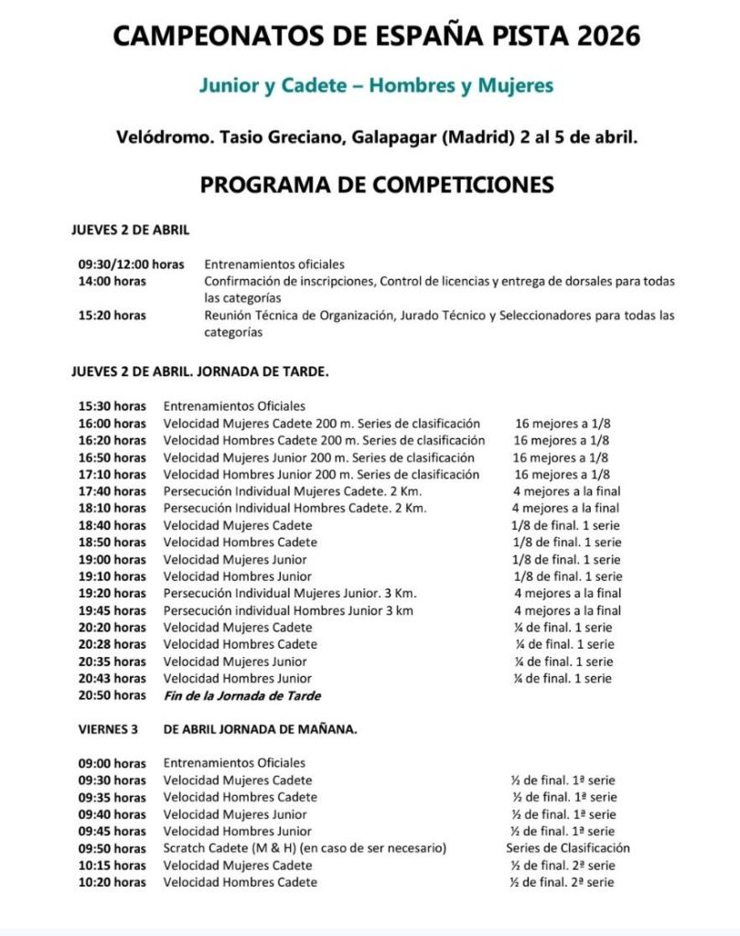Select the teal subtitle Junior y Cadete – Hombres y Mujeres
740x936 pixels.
click(377, 86)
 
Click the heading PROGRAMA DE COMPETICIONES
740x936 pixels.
click(377, 185)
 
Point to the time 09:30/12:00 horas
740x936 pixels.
click(131, 264)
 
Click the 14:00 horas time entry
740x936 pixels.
click(112, 281)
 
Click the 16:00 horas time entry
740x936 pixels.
click(112, 424)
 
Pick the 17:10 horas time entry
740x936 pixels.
click(112, 475)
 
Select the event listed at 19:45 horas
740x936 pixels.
click(288, 611)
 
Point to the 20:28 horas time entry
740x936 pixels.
click(112, 644)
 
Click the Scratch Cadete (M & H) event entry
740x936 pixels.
click(305, 848)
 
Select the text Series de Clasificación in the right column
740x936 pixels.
click(568, 848)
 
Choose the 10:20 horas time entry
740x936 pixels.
click(112, 882)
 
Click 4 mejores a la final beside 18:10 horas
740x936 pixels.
click(565, 509)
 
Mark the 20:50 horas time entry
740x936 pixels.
click(112, 695)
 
